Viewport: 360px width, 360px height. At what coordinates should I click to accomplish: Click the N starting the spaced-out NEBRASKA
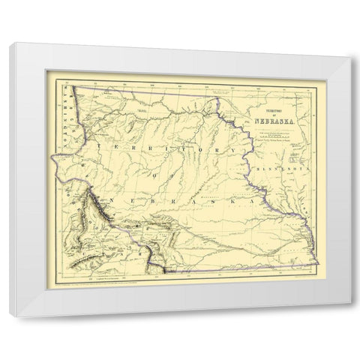click(109, 201)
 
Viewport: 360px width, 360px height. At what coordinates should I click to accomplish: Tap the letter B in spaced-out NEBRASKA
click(149, 202)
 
